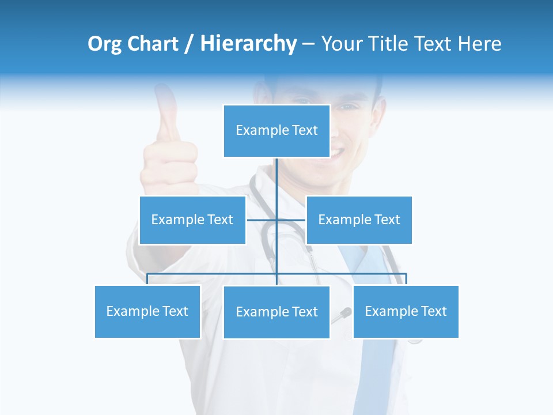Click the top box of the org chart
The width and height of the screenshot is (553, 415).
pyautogui.click(x=276, y=131)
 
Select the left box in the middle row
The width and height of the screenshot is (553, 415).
pyautogui.click(x=192, y=220)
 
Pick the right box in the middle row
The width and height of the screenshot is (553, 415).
pyautogui.click(x=359, y=220)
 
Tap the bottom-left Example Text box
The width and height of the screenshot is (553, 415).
pyautogui.click(x=147, y=311)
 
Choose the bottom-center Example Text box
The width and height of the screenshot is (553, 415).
pyautogui.click(x=276, y=312)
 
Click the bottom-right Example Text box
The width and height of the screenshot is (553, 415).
pyautogui.click(x=406, y=311)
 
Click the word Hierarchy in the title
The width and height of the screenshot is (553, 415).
pyautogui.click(x=248, y=44)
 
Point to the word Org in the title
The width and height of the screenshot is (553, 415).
pyautogui.click(x=104, y=44)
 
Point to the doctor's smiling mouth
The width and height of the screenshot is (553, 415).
pyautogui.click(x=337, y=153)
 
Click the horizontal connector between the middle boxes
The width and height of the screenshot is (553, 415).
pyautogui.click(x=262, y=220)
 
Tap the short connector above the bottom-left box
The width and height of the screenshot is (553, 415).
pyautogui.click(x=147, y=279)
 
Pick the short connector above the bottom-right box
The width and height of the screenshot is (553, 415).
pyautogui.click(x=406, y=279)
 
